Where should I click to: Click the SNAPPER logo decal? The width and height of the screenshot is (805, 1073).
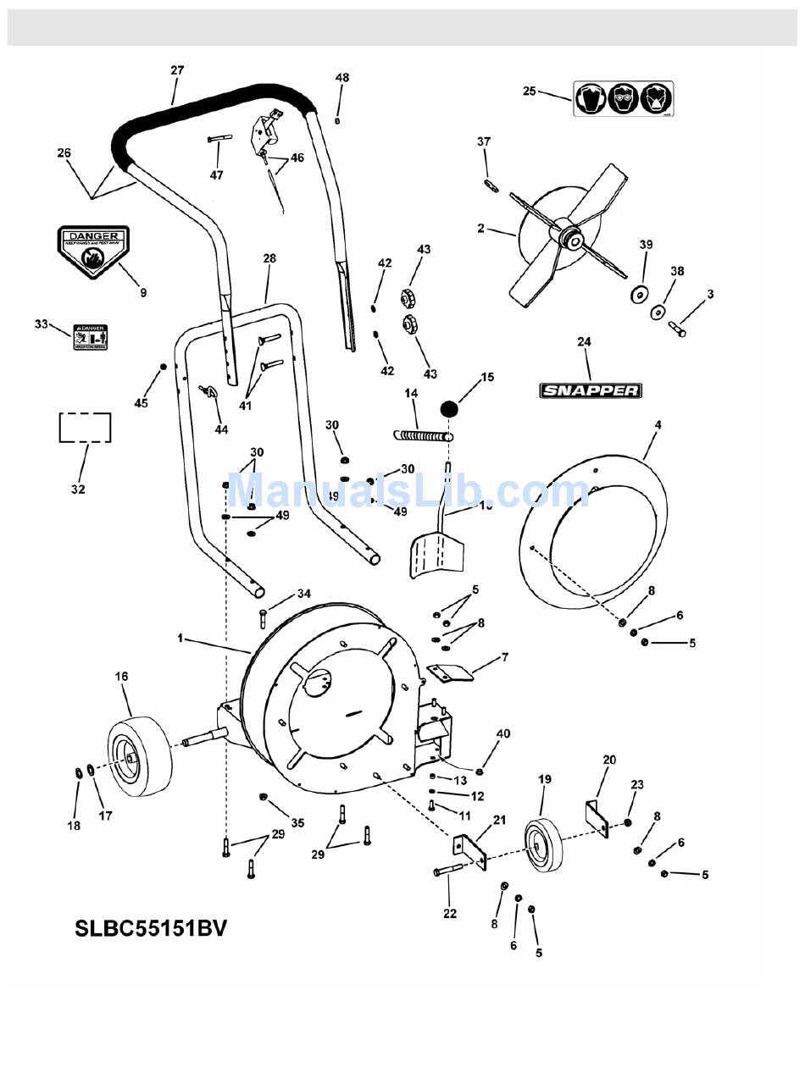click(591, 390)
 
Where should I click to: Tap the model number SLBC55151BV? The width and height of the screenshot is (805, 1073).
click(152, 928)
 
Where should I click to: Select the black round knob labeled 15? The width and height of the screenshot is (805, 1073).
click(449, 408)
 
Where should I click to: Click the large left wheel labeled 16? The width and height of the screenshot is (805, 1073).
click(139, 755)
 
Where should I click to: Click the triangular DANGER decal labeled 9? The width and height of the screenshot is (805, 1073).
click(93, 250)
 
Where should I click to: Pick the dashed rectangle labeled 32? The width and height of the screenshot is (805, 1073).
click(85, 428)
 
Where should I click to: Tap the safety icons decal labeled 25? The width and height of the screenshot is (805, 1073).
click(623, 98)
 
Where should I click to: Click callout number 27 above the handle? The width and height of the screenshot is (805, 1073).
click(176, 70)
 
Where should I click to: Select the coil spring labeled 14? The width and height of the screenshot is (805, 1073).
click(424, 435)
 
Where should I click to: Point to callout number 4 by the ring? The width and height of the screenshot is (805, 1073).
click(658, 424)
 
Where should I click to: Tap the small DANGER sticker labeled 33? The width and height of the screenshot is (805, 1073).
click(89, 335)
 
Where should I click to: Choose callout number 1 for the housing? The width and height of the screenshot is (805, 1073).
click(180, 638)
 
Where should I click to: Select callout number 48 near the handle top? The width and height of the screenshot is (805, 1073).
click(341, 78)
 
